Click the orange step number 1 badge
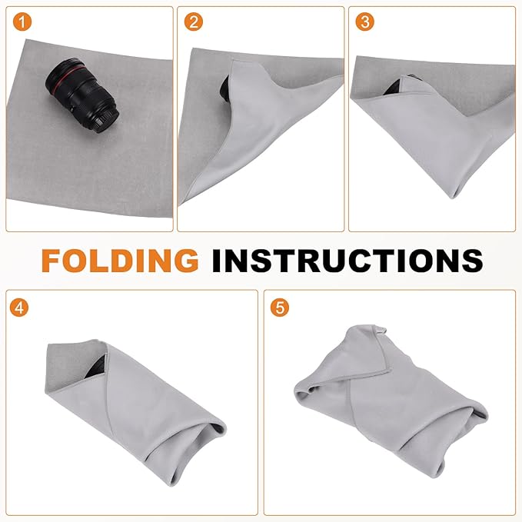[22, 22]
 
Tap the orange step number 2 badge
[194, 22]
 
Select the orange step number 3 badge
[365, 22]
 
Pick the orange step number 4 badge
[22, 308]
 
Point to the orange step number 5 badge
[280, 308]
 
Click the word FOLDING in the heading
[119, 259]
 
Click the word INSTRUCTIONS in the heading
[345, 259]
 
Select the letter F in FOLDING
[55, 259]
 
